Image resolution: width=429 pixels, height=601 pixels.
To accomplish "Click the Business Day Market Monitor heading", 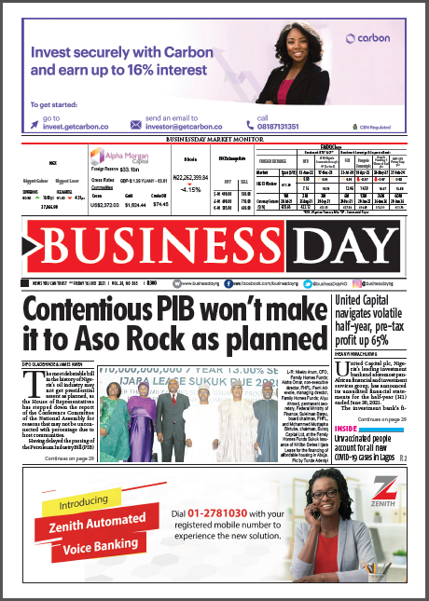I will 214,139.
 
